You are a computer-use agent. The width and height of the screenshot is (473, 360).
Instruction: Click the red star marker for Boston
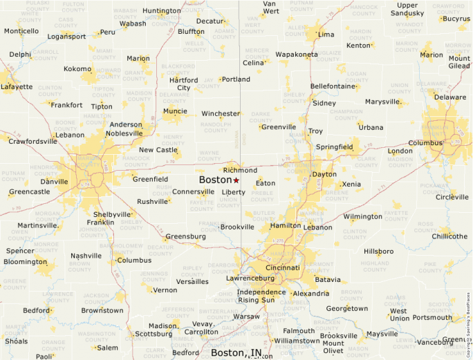tap(236, 180)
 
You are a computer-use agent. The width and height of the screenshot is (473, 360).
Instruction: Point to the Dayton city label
tap(324, 175)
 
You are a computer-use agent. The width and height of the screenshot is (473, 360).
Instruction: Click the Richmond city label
tap(240, 170)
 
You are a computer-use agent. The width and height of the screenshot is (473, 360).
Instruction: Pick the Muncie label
tap(174, 111)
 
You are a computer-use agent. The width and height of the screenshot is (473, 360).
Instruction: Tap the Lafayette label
tap(16, 87)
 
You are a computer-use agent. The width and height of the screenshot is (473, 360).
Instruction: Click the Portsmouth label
tap(433, 318)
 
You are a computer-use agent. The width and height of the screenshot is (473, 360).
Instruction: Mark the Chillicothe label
tap(449, 236)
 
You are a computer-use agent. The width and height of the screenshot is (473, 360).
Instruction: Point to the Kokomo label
tap(77, 69)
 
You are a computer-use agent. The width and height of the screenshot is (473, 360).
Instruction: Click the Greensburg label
tap(185, 236)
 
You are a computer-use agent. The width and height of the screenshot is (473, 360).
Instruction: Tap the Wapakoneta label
tap(297, 54)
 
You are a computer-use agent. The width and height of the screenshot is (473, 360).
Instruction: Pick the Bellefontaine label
tap(333, 86)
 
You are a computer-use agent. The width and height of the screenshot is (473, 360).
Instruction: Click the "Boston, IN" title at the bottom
tap(236, 352)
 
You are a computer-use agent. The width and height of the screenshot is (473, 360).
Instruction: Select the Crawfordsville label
tap(33, 141)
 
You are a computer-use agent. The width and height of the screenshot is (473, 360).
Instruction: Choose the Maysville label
tap(382, 334)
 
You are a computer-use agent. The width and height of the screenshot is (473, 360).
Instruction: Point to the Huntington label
tap(162, 11)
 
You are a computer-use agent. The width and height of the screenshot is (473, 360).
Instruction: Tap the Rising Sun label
tap(256, 300)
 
